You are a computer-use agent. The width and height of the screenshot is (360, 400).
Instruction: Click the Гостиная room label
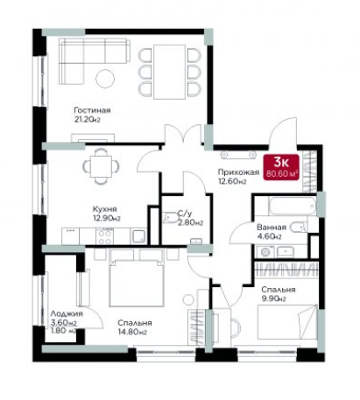click(x=92, y=110)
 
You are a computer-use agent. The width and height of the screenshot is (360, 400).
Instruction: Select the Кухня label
click(x=105, y=209)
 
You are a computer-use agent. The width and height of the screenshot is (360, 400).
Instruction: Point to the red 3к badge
click(x=281, y=167)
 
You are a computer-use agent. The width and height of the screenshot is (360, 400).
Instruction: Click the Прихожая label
click(x=238, y=172)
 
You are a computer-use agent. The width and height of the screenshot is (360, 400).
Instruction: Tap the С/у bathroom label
click(x=184, y=214)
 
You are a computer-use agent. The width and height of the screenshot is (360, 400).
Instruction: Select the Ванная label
click(x=272, y=227)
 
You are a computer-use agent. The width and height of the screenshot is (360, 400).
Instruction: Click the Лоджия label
click(x=67, y=314)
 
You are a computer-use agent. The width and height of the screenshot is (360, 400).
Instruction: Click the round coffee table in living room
click(x=105, y=78)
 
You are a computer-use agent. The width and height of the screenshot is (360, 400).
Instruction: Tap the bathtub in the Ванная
click(x=293, y=207)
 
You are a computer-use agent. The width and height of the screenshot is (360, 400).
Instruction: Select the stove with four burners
click(x=105, y=236)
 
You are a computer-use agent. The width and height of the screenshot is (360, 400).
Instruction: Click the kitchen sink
click(x=139, y=236)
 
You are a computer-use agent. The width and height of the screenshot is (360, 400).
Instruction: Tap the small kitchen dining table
click(x=101, y=166)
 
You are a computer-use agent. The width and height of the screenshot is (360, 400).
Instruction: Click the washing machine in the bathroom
click(x=265, y=252)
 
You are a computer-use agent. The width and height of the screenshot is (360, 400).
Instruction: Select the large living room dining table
click(x=170, y=72)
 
